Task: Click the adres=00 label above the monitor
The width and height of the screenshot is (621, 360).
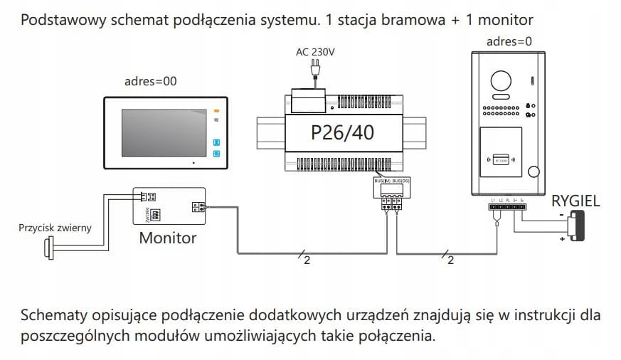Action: pyautogui.click(x=150, y=81)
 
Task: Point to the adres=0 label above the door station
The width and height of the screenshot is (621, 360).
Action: pyautogui.click(x=509, y=41)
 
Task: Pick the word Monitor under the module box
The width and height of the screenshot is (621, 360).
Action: pyautogui.click(x=167, y=238)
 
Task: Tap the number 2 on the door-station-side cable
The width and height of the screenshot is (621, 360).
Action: pyautogui.click(x=450, y=260)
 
